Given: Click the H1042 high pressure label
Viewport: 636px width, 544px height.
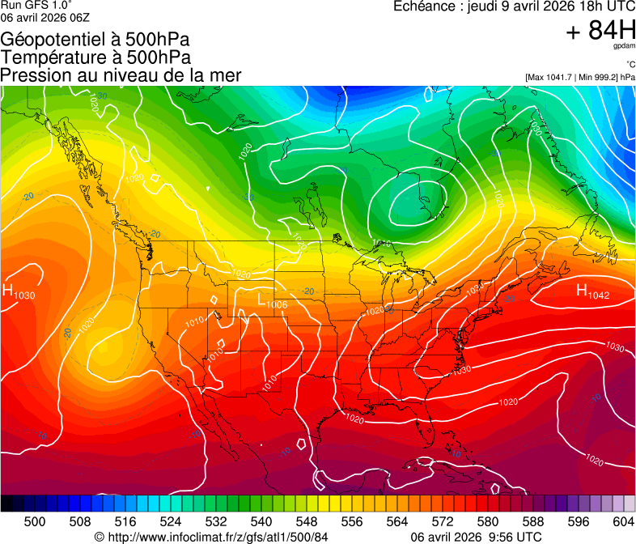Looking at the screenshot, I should tap(591, 292).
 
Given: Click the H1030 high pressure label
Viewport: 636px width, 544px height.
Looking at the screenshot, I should tap(19, 293).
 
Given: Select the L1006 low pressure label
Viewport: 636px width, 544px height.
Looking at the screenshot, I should tap(273, 301).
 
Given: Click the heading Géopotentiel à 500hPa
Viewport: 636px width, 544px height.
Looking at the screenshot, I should tap(95, 40).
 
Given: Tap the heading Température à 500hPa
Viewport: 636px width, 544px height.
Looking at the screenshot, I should tap(95, 57).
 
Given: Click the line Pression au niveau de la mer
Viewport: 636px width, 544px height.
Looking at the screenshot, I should tap(121, 75).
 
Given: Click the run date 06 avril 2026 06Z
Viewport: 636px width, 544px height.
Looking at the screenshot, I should tap(45, 18).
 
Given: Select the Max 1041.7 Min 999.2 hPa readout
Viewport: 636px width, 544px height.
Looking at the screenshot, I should tap(579, 77).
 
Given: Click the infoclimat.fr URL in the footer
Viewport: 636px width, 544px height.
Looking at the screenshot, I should tap(211, 537).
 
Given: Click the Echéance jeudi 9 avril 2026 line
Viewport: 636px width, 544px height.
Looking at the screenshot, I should tap(514, 6).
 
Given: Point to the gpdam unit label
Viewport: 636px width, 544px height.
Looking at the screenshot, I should tap(625, 46).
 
